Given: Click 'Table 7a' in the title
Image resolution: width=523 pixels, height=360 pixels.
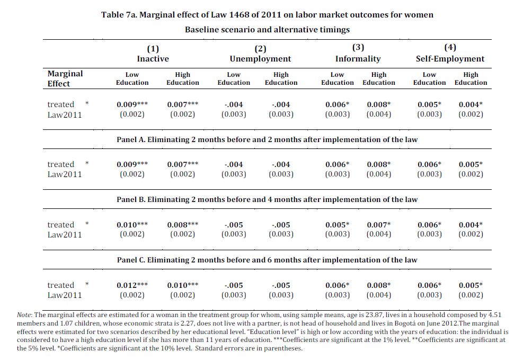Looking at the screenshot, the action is tap(119, 15).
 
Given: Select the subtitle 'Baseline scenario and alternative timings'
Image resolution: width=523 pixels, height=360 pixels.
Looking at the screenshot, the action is tap(267, 30).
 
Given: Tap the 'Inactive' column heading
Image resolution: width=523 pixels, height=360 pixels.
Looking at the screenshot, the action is tap(153, 59).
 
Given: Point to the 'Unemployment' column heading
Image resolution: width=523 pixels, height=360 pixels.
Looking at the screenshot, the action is tap(260, 59).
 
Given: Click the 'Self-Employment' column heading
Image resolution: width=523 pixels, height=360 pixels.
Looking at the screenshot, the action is tap(450, 59).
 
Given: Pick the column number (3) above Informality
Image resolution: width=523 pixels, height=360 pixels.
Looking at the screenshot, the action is tap(358, 47).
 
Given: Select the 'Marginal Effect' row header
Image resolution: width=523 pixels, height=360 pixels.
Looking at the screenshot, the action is tap(65, 78).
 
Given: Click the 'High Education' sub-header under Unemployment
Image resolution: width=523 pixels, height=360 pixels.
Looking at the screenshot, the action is tap(281, 79).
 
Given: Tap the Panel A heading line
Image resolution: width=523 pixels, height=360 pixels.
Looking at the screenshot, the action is tap(267, 139).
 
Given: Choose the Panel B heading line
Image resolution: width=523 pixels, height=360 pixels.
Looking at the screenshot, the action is tap(267, 199).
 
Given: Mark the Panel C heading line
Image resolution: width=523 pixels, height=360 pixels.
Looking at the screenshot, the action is tap(267, 260).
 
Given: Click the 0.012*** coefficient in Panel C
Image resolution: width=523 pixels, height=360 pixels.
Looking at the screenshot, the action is tap(132, 285).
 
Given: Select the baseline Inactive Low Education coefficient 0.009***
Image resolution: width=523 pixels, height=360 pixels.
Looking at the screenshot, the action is tap(132, 104).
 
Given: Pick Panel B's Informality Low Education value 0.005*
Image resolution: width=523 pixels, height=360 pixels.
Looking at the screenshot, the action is tap(338, 225).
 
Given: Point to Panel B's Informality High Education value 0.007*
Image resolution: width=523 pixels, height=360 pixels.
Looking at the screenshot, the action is tap(379, 225).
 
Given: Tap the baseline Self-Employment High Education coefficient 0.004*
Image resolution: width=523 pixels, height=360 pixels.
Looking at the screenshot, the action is tap(471, 104).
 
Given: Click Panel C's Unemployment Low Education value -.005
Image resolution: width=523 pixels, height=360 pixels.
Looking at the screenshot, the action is tap(234, 285).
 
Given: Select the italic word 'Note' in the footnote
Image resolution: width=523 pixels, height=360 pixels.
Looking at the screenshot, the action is tap(24, 315).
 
